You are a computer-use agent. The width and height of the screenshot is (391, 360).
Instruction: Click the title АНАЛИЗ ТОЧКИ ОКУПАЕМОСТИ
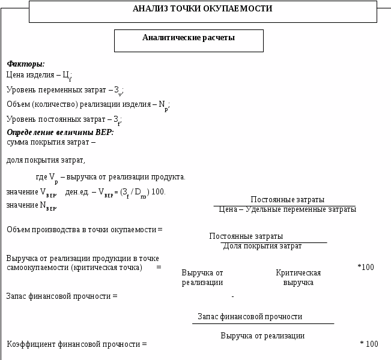click(x=202, y=9)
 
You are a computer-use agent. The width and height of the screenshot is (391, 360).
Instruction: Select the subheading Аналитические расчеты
click(x=189, y=38)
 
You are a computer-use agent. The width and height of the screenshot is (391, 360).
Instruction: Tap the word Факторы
click(x=26, y=64)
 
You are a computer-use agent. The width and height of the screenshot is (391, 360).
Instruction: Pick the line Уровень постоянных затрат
click(x=63, y=119)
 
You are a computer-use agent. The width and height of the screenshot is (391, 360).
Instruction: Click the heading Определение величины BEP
click(x=60, y=132)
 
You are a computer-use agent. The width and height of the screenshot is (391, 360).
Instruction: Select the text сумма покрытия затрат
click(x=50, y=142)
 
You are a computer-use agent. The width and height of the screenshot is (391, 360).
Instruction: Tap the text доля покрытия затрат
click(x=46, y=160)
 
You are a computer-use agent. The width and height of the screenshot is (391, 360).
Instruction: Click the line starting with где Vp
click(x=111, y=177)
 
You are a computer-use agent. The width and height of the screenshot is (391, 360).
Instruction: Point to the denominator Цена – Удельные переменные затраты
click(x=287, y=209)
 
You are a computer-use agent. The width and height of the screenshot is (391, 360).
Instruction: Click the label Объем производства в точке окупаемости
click(x=84, y=230)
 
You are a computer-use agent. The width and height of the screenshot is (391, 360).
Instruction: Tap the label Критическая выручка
click(x=298, y=277)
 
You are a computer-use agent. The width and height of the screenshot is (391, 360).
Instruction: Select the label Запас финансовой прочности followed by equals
click(x=61, y=296)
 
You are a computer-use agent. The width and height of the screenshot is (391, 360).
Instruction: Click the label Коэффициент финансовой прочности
click(x=76, y=344)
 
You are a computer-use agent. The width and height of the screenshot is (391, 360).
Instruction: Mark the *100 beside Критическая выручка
click(x=365, y=267)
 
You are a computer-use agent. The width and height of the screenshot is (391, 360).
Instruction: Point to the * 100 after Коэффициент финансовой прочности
click(x=369, y=344)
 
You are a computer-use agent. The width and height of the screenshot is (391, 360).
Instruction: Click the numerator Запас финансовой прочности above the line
click(x=250, y=316)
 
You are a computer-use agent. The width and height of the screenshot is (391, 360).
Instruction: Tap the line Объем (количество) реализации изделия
click(x=88, y=104)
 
